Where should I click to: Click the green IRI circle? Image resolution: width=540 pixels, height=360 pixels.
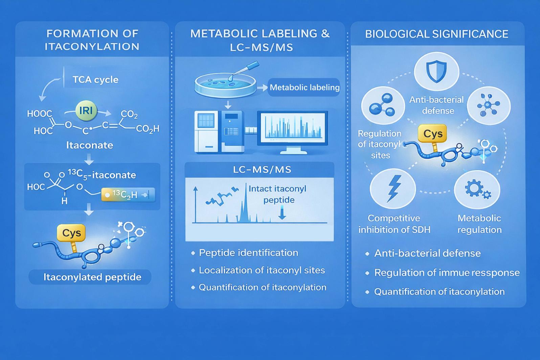click(x=86, y=111)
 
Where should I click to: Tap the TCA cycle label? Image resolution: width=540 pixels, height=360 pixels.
click(x=95, y=80)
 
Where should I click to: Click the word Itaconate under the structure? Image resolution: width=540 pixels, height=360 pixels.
click(x=89, y=145)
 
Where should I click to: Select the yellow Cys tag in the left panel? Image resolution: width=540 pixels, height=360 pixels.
click(x=71, y=233)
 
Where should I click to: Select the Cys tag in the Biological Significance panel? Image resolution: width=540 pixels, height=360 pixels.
click(x=433, y=133)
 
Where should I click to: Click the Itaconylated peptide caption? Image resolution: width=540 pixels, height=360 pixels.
click(x=92, y=277)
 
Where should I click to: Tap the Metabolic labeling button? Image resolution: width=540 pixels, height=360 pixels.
click(x=304, y=87)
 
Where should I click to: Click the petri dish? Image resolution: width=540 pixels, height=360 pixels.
click(x=225, y=85)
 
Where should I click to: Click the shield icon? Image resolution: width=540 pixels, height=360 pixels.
click(x=436, y=72)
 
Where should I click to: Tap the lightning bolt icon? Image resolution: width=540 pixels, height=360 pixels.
click(x=393, y=188)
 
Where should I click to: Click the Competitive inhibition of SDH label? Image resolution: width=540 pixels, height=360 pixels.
click(x=394, y=224)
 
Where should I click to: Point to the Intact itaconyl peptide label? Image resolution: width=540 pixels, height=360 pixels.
click(x=277, y=194)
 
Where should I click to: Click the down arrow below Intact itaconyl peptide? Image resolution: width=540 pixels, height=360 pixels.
click(x=282, y=213)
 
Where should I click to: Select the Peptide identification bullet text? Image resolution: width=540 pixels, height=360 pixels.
click(x=249, y=253)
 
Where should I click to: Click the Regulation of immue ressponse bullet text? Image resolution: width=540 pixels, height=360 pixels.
click(x=447, y=273)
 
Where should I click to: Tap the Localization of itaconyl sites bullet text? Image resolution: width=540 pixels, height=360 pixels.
click(x=262, y=270)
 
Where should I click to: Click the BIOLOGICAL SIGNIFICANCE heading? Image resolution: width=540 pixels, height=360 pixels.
click(x=436, y=34)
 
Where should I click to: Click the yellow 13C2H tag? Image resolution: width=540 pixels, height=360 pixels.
click(x=128, y=195)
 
